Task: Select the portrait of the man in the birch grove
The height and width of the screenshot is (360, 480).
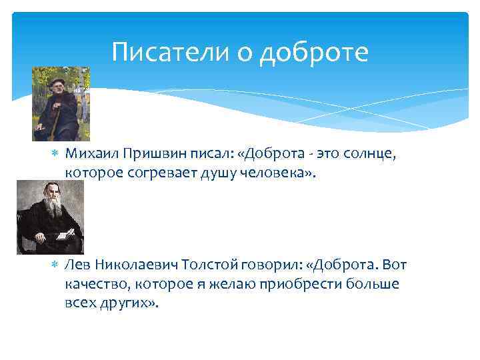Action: coord(61,103)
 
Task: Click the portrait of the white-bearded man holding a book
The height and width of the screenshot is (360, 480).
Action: coord(50,217)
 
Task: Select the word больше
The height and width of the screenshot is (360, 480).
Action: coord(374,284)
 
